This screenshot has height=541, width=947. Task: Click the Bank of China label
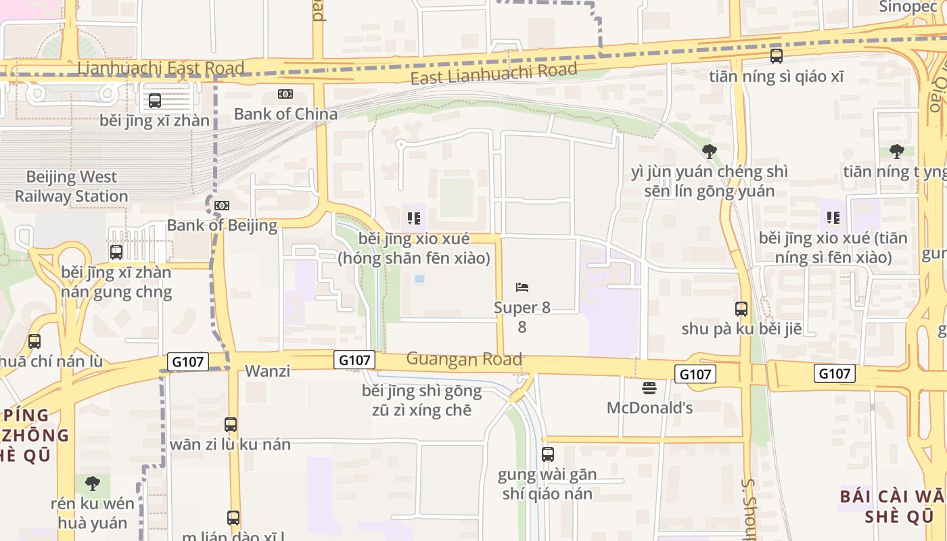click(x=285, y=114)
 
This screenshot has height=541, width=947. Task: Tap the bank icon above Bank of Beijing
click(x=222, y=206)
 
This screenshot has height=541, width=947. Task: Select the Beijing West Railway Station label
click(x=71, y=187)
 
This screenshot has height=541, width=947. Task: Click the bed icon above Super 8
click(x=522, y=287)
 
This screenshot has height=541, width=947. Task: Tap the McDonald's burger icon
click(x=649, y=388)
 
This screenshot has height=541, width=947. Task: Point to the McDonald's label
click(x=649, y=408)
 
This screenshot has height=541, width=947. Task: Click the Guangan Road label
click(x=464, y=359)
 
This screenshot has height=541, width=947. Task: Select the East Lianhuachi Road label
click(x=494, y=73)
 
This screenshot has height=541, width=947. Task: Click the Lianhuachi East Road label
click(x=160, y=68)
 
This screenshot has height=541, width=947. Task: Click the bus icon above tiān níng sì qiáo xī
click(x=777, y=56)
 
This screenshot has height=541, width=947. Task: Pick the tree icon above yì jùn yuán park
click(x=709, y=151)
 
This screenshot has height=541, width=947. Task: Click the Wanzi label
click(x=268, y=371)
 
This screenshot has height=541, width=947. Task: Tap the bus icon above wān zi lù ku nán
click(x=231, y=425)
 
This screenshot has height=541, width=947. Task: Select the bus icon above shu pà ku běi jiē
click(x=741, y=309)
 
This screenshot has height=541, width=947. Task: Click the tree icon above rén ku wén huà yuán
click(x=93, y=484)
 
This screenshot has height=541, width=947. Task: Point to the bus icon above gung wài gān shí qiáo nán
click(x=548, y=454)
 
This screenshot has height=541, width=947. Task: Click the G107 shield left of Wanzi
click(x=187, y=362)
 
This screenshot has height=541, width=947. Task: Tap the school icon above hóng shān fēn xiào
click(x=414, y=218)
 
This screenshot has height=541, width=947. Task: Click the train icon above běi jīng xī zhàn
click(x=155, y=101)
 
